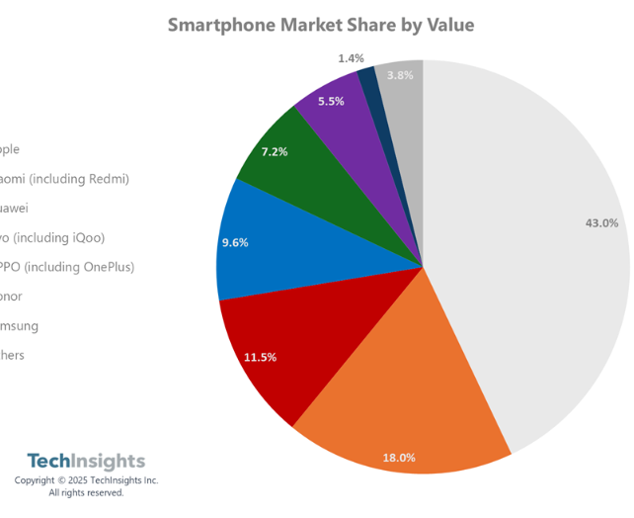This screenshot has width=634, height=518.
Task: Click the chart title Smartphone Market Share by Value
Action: click(320, 25)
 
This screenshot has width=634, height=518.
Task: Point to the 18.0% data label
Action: click(399, 458)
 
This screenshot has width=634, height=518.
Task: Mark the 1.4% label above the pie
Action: click(351, 58)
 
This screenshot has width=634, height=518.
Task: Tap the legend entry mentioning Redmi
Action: click(64, 179)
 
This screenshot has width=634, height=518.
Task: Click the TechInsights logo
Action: click(86, 461)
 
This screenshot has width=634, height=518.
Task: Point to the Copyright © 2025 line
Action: click(86, 480)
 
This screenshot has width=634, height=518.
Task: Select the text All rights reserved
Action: click(86, 492)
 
